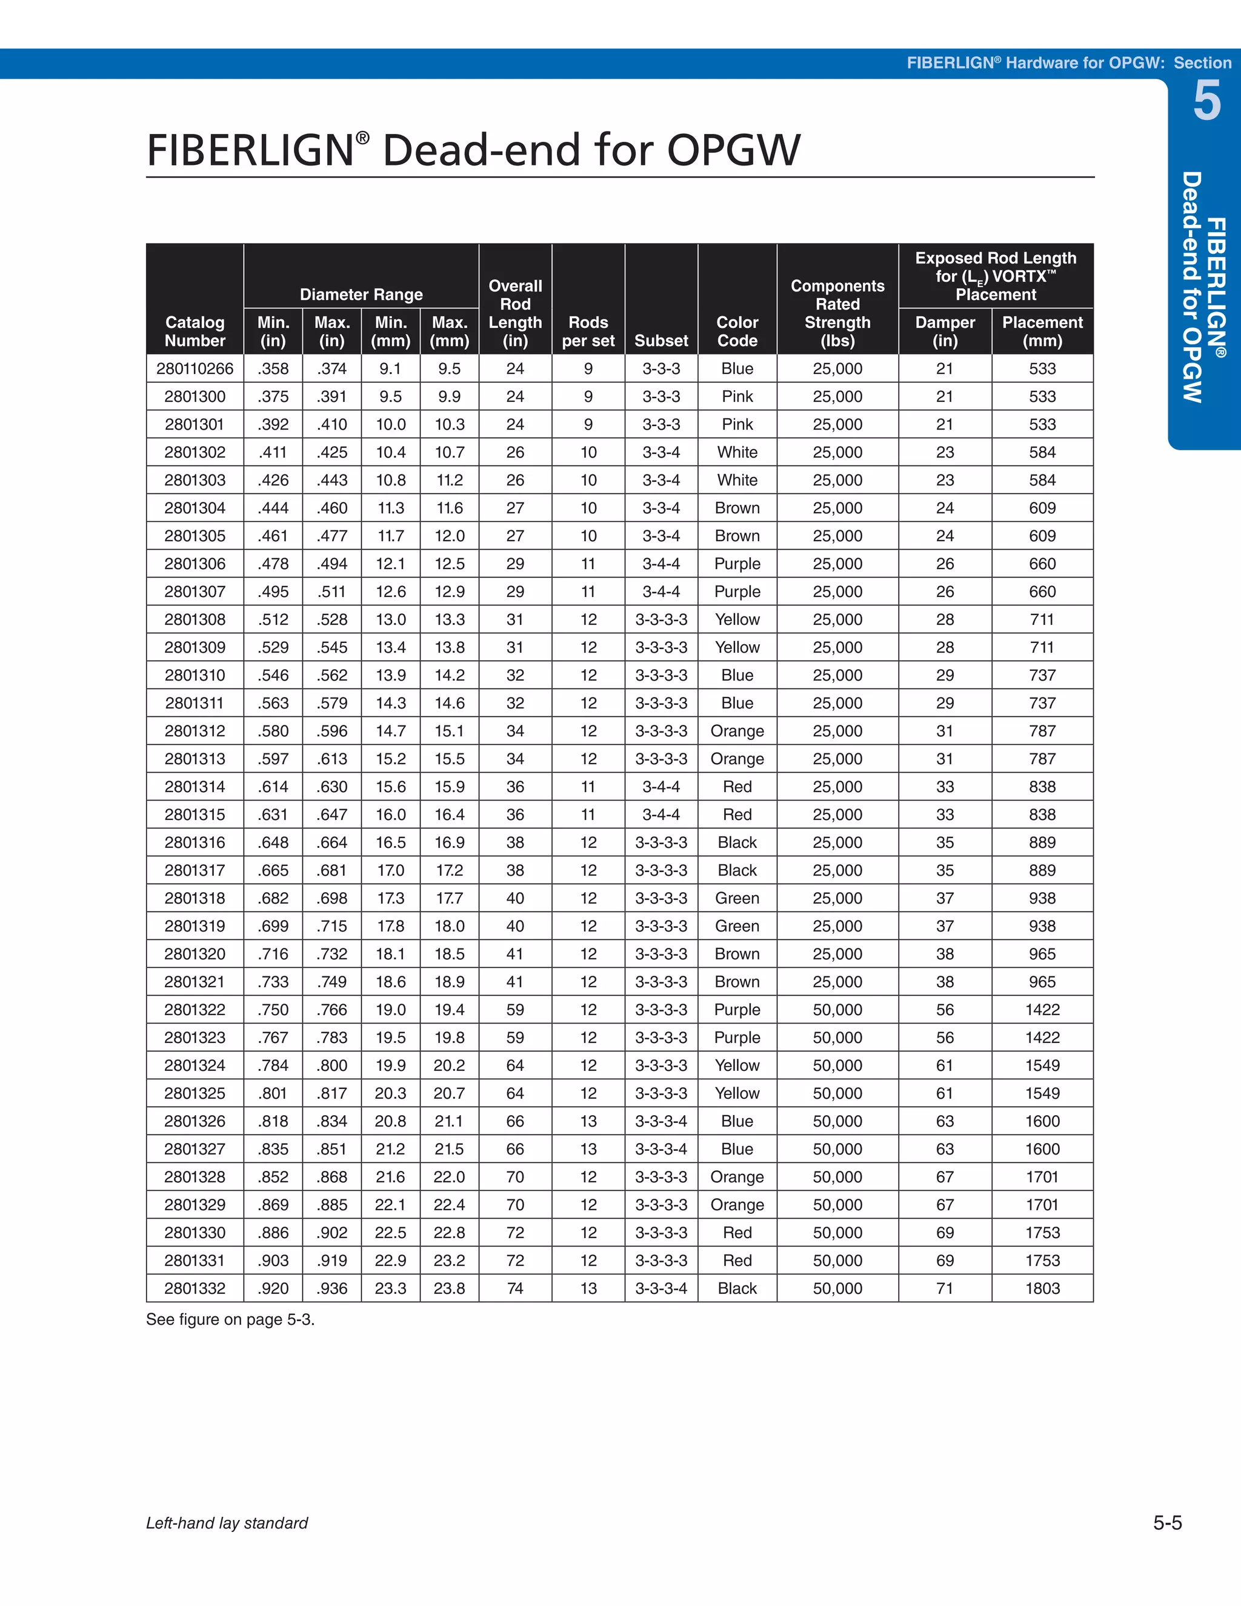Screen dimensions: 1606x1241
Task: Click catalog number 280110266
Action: click(195, 368)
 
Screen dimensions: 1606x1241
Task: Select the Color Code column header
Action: click(737, 331)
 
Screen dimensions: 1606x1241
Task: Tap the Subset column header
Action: click(661, 341)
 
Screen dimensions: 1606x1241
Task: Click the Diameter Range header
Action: click(361, 294)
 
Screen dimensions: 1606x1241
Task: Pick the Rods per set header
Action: click(588, 331)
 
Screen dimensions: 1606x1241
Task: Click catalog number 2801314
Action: click(195, 787)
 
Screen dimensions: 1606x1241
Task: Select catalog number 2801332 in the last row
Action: click(195, 1288)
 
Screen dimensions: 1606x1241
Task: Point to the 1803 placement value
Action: click(1042, 1288)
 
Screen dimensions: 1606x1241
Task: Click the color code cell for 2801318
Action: click(737, 898)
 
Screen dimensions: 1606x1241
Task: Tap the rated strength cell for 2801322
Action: click(837, 1010)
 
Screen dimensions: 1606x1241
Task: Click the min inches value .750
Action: click(273, 1010)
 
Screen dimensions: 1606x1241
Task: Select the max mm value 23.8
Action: click(449, 1288)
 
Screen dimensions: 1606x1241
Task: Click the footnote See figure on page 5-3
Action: click(230, 1319)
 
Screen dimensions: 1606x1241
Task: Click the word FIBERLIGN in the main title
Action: click(251, 151)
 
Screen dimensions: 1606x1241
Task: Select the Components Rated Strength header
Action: click(837, 313)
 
